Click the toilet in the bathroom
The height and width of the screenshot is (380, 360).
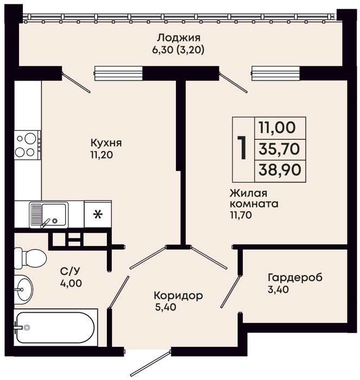point(30,258)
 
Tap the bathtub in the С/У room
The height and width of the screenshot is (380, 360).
point(55,327)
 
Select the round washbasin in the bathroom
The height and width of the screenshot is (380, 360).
point(23,289)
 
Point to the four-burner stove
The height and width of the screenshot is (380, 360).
point(27,145)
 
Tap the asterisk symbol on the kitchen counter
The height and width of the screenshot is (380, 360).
point(98,214)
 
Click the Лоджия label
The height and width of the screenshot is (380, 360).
point(179,38)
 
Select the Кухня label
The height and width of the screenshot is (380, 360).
point(106,143)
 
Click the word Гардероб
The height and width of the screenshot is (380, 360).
point(295,278)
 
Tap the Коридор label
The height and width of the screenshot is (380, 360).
point(178,296)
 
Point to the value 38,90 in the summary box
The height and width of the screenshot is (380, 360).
point(280,169)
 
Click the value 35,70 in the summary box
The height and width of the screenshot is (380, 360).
point(279,149)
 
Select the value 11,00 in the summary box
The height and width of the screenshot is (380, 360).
point(277,128)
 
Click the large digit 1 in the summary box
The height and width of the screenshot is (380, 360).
point(242,148)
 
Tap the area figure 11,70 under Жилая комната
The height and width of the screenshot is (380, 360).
point(241,215)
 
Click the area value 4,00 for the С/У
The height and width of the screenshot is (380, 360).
point(71,283)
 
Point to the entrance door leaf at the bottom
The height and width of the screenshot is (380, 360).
point(150,363)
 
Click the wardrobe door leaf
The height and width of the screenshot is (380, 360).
point(230,292)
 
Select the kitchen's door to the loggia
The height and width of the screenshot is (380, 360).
point(76,83)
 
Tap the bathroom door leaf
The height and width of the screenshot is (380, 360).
point(119,292)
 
